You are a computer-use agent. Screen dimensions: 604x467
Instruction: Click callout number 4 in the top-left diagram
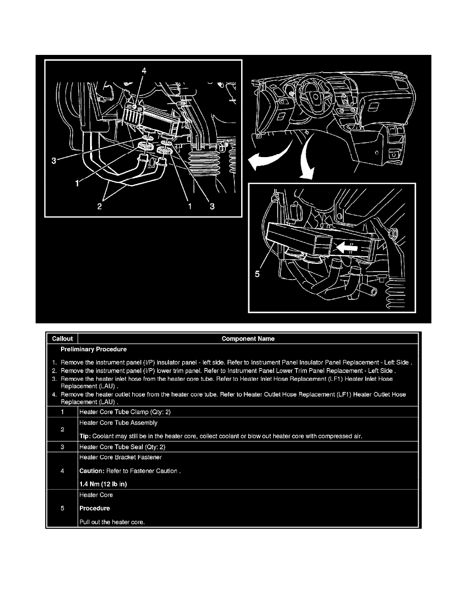tap(144, 71)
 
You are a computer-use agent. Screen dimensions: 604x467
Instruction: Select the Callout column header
tap(62, 339)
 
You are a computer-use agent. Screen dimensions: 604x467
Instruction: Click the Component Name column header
tap(248, 339)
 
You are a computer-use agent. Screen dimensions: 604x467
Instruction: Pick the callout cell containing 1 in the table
tap(62, 412)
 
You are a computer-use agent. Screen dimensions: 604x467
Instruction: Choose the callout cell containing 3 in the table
tap(62, 447)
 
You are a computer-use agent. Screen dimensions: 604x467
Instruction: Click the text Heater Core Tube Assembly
tap(119, 422)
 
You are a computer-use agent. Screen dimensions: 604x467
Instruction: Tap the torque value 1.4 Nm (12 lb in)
tap(103, 484)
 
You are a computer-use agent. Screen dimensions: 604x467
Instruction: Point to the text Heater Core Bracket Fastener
tap(121, 457)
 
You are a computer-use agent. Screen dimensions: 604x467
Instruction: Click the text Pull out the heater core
tap(112, 522)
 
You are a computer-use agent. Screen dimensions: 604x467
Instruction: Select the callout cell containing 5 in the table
tap(62, 508)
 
